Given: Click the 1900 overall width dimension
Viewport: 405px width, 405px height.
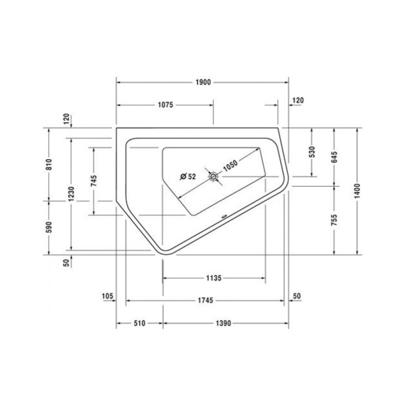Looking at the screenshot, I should point(203,82).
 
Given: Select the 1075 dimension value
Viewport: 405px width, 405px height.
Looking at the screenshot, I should point(164,105).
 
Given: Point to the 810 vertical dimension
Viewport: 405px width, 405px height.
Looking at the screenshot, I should point(49,164).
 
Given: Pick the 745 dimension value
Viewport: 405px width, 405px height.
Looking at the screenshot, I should point(94,181).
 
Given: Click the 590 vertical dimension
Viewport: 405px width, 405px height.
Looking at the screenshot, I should point(49,227).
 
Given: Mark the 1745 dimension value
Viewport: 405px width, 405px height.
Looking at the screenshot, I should point(205,301).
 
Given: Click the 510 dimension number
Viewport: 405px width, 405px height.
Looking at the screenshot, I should point(139,323).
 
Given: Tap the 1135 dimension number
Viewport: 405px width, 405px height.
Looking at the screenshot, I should point(213,278).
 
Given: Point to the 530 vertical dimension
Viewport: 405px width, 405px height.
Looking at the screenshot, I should point(312,152).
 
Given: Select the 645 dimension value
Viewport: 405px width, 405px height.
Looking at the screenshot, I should point(335,157).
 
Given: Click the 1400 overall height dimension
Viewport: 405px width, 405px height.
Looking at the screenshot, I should point(358,191).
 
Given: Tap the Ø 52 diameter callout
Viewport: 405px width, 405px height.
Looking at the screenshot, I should point(187,177).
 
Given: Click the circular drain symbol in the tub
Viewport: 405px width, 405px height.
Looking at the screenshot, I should point(214,177).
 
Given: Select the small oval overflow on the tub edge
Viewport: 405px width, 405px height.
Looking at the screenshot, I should point(223,215).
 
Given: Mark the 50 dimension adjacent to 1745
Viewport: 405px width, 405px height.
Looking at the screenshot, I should point(297,296).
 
